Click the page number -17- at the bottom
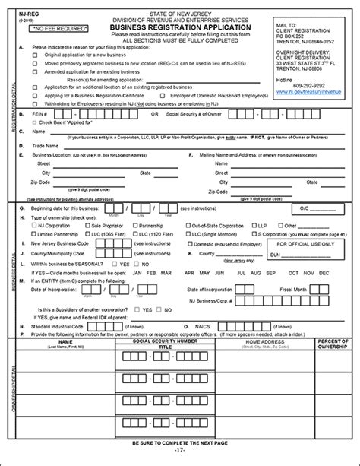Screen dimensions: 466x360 click(x=178, y=459)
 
